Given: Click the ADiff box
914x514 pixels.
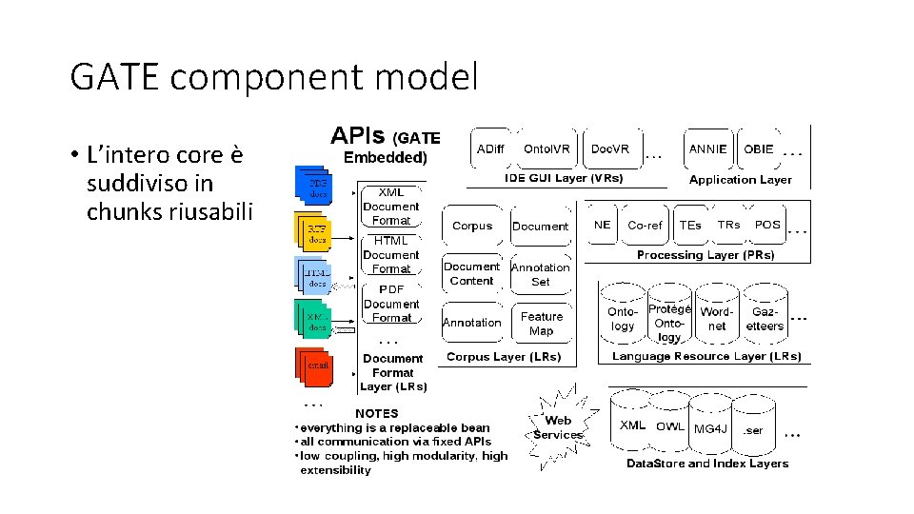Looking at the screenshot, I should point(490,149).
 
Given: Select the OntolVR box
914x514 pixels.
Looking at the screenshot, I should point(547,149).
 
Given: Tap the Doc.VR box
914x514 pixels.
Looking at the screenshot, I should point(610,149).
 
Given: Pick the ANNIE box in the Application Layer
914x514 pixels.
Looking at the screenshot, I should point(708,149).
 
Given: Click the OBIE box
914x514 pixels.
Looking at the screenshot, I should point(759,149).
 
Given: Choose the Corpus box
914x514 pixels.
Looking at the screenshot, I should point(472,227).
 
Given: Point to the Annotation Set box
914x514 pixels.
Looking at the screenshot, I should point(541,274).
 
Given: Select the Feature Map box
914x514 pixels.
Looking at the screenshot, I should point(541,324).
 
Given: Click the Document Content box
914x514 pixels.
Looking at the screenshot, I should point(471,274).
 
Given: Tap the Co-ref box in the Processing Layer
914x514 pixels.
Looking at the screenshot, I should point(646,226).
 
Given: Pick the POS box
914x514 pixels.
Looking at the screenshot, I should point(767,226).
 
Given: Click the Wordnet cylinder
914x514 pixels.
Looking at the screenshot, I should point(716,319).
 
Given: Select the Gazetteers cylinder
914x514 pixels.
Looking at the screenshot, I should point(765,319).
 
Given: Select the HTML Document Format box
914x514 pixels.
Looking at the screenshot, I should point(390,255).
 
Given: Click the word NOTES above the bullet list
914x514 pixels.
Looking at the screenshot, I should point(377,413).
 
